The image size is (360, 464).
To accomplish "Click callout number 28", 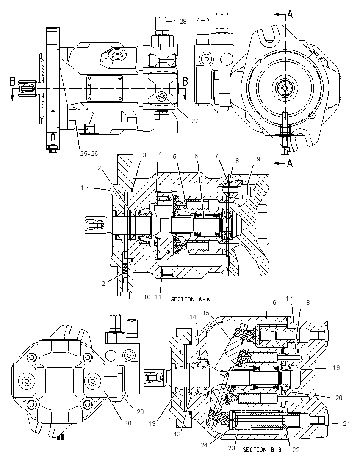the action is pos(183,21).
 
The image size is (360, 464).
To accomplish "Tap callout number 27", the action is pos(195,121).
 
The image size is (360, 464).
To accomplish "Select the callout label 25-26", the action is pos(89,153).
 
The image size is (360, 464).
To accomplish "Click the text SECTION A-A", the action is pos(190,299).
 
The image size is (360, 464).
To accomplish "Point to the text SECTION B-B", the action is pos(262,450).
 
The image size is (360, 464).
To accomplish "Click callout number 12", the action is pos(102,284).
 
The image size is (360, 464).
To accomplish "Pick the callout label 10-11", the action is pos(153,297).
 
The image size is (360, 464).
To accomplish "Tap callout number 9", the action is pos(258,159).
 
